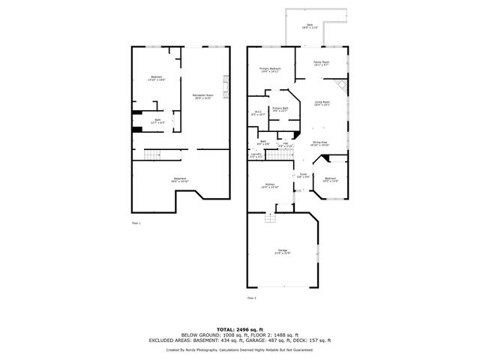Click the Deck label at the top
pos(310,25)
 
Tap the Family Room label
pos(322,64)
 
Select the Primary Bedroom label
pos(271,69)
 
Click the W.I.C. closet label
pos(257,113)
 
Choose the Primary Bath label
pos(280,110)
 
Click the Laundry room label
pos(256,155)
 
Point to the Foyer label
pos(303,175)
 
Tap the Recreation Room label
pos(203,96)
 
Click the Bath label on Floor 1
pos(157,121)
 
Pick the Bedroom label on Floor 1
pos(156,78)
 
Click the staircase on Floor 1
pos(154,154)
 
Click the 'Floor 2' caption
pos(251,298)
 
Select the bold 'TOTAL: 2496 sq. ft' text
pos(239,328)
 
